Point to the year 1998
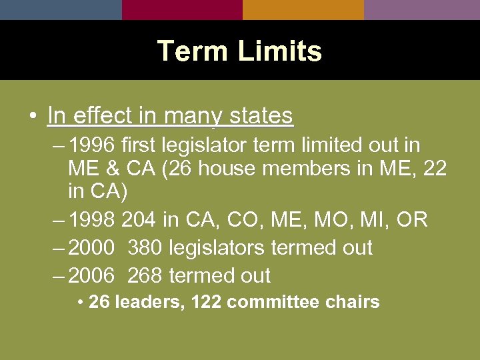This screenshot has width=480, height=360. coord(92,219)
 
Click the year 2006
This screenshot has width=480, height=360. coord(92,275)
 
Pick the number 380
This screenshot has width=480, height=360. coord(145,247)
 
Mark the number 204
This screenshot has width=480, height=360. coord(139,219)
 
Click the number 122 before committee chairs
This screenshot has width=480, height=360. coord(206,302)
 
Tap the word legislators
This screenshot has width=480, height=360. coord(217,247)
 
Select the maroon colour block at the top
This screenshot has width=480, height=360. coord(182,9)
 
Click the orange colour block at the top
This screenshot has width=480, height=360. coord(303,9)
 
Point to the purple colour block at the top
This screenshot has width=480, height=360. coord(422,9)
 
